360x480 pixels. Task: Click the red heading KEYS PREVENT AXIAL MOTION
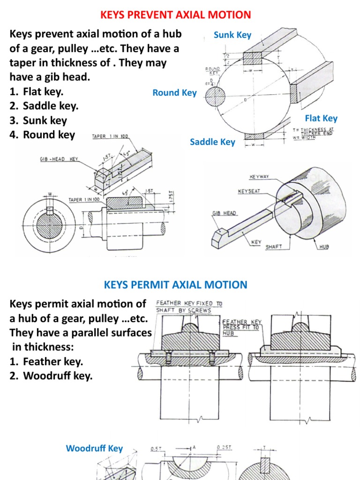tap(176, 15)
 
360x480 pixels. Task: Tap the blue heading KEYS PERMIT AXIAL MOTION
tap(175, 285)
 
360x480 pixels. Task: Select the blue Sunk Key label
tap(232, 35)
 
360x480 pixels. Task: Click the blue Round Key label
tap(174, 92)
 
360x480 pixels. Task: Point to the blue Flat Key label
tap(321, 118)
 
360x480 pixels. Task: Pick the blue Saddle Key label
tap(212, 142)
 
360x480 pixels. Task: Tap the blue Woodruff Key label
tap(94, 448)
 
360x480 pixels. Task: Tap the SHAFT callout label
tap(274, 247)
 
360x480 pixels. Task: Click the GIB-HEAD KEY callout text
tap(59, 159)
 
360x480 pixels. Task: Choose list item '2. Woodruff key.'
tap(51, 376)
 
